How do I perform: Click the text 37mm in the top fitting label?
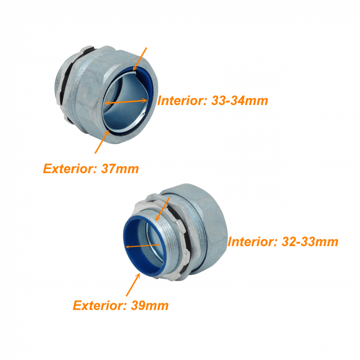(x=120, y=169)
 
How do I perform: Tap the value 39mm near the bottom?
(x=150, y=306)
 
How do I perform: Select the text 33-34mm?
(x=240, y=100)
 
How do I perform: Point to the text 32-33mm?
(x=310, y=242)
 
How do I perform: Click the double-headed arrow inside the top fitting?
(x=126, y=102)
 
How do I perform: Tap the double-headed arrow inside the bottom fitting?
(x=143, y=246)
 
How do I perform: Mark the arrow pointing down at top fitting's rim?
(x=140, y=59)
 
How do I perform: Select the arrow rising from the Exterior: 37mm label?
(x=102, y=141)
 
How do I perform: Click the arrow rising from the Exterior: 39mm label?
(x=133, y=285)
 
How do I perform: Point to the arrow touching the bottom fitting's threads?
(x=162, y=209)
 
